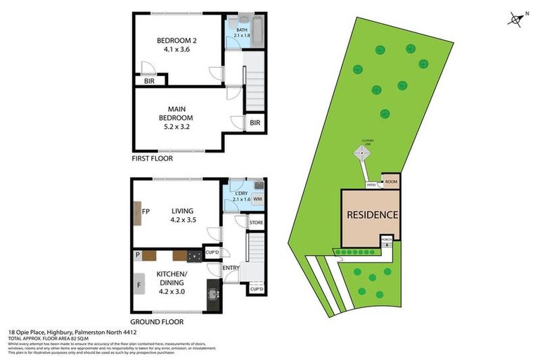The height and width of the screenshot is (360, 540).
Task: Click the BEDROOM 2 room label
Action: click(176, 45)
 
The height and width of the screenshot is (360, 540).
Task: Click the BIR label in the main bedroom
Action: click(255, 124)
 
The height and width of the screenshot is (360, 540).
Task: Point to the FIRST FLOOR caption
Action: click(152, 159)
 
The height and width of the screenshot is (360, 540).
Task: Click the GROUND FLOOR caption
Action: click(157, 321)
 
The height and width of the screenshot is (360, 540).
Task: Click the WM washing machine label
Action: click(257, 200)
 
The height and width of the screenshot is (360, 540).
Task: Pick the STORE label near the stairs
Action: click(256, 223)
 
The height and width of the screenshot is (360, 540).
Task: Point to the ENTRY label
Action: click(231, 267)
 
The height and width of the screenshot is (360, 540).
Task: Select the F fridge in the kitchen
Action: click(138, 286)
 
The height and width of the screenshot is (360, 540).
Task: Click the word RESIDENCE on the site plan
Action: click(372, 215)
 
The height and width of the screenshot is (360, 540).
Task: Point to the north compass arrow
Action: click(517, 19)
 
